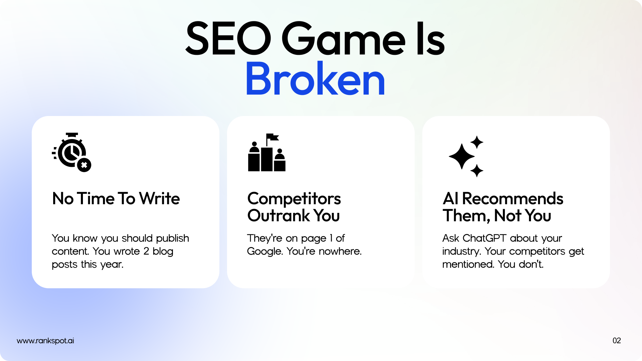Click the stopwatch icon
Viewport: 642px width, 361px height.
click(x=72, y=152)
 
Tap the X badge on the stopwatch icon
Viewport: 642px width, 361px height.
click(x=84, y=165)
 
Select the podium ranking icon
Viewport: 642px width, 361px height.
click(x=267, y=152)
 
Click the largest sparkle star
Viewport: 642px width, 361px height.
click(x=462, y=156)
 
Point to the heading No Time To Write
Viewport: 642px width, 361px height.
click(x=116, y=199)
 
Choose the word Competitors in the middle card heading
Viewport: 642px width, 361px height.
click(x=294, y=199)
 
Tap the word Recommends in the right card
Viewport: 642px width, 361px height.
click(x=513, y=199)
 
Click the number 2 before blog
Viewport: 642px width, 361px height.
click(x=146, y=251)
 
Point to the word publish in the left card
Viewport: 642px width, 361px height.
click(x=173, y=238)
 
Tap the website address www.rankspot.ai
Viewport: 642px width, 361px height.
click(x=45, y=341)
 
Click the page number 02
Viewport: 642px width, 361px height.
click(x=617, y=341)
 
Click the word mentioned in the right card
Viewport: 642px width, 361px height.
click(x=468, y=264)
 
